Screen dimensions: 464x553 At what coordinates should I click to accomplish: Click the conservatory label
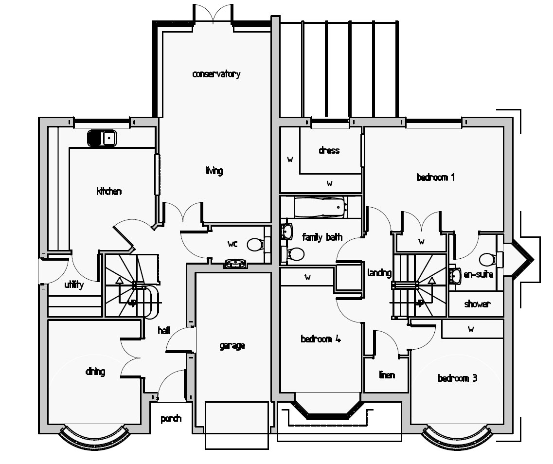tap(216, 74)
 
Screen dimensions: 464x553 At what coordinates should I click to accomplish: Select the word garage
tap(232, 346)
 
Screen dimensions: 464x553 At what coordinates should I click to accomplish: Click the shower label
tap(477, 304)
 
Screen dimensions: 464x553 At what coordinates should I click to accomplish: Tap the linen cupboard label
tap(387, 375)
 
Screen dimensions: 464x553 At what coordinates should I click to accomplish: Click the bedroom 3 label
tap(457, 378)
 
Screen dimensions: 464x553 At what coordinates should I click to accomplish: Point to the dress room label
tap(329, 150)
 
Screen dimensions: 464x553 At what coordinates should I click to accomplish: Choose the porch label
tap(171, 418)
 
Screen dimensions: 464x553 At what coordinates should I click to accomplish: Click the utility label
tap(74, 285)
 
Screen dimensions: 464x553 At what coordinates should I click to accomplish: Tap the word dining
tap(95, 372)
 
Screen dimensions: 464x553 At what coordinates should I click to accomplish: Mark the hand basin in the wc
tap(236, 264)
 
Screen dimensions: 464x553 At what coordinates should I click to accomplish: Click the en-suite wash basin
tap(456, 276)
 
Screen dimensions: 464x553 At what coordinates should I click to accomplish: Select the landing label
tap(379, 273)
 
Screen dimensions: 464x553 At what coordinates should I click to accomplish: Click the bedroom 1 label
tap(435, 177)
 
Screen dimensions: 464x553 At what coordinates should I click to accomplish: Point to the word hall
tap(164, 331)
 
